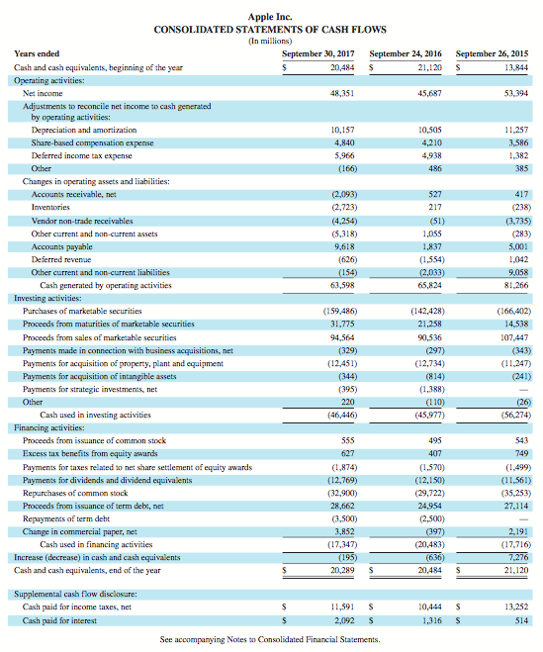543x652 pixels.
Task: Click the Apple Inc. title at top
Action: coord(271,17)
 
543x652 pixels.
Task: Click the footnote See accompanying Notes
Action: coord(270,640)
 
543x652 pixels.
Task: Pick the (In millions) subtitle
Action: coord(271,41)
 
